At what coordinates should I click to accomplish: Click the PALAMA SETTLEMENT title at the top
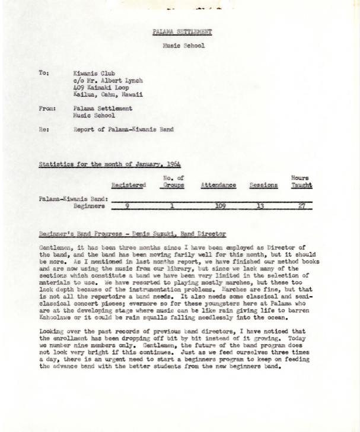pos(182,31)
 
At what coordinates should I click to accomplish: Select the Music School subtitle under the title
pos(183,45)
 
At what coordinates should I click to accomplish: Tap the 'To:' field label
pos(43,73)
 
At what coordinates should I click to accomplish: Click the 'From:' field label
pos(47,109)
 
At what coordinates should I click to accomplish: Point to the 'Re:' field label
pos(43,128)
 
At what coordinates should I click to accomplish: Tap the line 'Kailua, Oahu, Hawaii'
pos(108,94)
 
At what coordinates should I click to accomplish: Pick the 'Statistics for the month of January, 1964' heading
pos(110,164)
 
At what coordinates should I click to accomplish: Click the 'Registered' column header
pos(128,185)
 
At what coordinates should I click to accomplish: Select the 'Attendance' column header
pos(218,185)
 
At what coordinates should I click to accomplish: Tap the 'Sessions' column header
pos(263,185)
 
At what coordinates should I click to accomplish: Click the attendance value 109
pos(220,207)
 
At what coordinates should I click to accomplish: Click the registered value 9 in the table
pos(128,207)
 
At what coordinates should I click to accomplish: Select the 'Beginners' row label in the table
pos(90,207)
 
